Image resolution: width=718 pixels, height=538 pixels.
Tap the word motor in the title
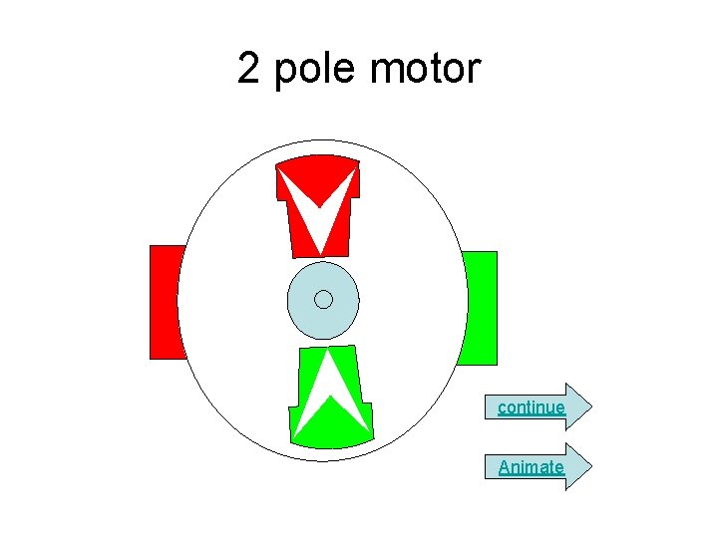coord(425,70)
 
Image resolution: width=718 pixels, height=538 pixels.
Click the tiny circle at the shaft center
coord(322,299)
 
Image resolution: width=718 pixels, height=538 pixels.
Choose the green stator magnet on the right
coord(481,308)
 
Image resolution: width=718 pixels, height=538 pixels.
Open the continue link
coord(532,406)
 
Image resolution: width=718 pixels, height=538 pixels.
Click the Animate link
coord(531,466)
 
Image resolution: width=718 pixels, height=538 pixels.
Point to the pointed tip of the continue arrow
coord(591,406)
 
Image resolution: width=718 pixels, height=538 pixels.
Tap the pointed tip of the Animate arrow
coord(591,466)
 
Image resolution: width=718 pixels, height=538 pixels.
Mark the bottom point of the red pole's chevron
coord(320,249)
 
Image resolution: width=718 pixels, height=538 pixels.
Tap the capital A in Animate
coord(505,466)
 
